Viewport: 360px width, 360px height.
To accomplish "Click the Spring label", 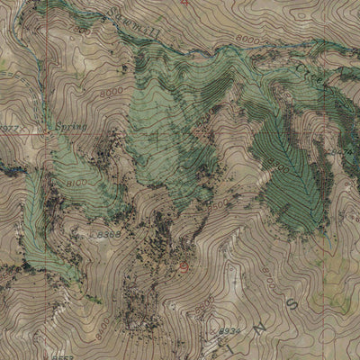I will point(69,128).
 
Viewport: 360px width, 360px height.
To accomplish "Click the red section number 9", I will point(185,266).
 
